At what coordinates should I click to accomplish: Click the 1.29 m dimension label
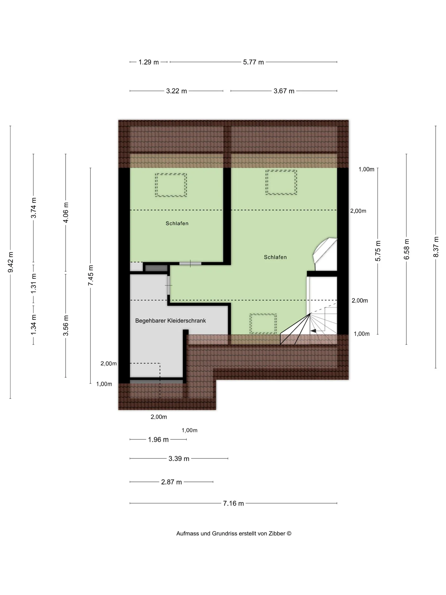149,62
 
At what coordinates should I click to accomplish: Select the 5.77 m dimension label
253,62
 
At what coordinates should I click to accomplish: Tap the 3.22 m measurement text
177,91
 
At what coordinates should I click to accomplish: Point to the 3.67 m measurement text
284,91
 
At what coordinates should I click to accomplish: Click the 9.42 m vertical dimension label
11,262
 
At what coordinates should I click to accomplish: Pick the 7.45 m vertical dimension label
91,276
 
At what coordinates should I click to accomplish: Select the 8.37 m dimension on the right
436,247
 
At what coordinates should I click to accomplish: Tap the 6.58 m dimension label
407,249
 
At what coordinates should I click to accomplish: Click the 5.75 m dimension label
378,251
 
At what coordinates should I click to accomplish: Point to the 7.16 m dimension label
234,504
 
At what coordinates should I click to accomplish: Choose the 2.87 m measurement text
172,482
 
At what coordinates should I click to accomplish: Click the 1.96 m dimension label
158,440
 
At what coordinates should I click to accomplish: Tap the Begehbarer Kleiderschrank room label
171,321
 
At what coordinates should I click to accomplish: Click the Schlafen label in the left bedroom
177,223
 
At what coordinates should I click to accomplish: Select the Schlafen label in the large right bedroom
275,257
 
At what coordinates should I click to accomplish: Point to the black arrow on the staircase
313,331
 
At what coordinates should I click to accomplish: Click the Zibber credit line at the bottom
234,534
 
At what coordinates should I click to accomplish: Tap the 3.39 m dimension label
179,459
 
